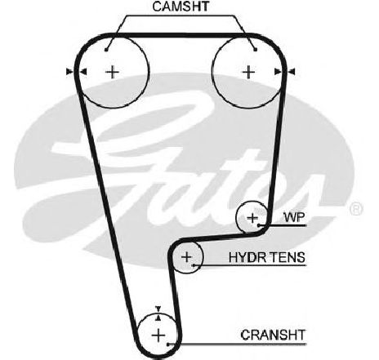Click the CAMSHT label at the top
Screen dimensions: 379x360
point(181,7)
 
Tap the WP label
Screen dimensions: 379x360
point(294,217)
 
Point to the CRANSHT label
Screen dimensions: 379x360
point(273,335)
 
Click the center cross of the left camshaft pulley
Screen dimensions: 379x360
point(112,73)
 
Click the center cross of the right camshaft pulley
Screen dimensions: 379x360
point(248,73)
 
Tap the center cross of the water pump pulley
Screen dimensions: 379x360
point(252,218)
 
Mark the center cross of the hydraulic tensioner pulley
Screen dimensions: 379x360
point(187,257)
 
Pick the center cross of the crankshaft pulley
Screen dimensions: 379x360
point(158,336)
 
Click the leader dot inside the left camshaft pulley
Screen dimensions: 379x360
point(106,50)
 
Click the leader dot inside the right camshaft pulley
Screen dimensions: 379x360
point(255,50)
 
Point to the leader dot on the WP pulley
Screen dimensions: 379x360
point(259,225)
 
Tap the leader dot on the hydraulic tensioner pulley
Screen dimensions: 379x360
point(194,264)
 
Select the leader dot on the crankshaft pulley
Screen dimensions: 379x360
point(168,344)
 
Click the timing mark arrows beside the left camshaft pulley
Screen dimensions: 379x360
point(77,72)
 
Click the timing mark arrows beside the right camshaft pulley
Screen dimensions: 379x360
point(284,72)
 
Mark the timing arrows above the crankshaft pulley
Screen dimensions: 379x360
point(158,313)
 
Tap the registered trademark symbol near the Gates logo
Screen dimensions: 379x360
point(356,209)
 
